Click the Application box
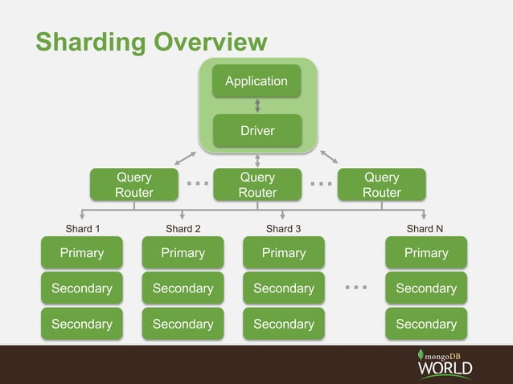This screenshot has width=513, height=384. [x=256, y=81]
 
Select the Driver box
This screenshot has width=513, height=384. [x=256, y=130]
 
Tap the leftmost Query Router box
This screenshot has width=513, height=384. [x=133, y=184]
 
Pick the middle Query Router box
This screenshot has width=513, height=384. [x=256, y=184]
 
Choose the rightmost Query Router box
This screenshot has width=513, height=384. [x=381, y=184]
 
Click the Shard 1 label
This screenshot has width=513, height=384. [x=82, y=229]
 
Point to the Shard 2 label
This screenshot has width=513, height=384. [x=183, y=229]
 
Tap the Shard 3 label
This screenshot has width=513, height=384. [x=283, y=229]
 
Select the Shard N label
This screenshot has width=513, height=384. [x=425, y=229]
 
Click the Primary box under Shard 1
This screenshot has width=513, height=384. [x=82, y=253]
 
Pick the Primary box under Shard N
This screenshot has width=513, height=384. [x=425, y=253]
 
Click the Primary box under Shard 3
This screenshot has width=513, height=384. [x=284, y=253]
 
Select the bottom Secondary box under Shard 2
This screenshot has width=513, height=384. [x=183, y=324]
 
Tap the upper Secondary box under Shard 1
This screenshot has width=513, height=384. [x=82, y=288]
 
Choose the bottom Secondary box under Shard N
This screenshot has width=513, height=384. [x=425, y=324]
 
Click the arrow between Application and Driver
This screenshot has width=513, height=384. [x=256, y=105]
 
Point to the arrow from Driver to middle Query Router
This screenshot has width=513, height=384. [x=256, y=159]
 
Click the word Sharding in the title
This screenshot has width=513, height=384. [x=91, y=42]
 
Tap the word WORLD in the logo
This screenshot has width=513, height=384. [x=445, y=369]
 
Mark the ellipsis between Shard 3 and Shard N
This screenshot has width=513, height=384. [x=355, y=287]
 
